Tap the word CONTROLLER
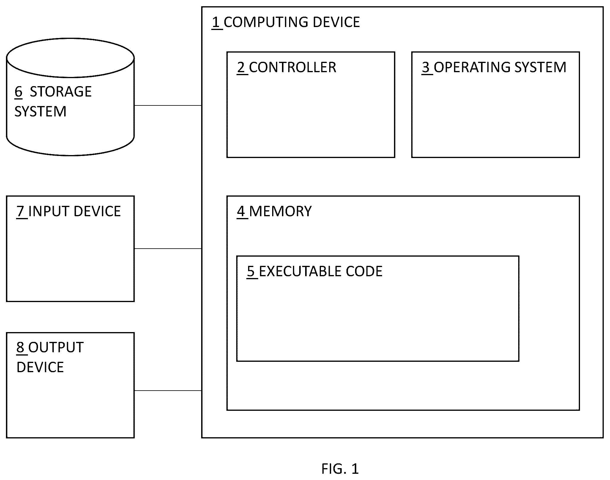click(293, 67)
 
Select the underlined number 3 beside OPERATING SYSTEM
click(426, 67)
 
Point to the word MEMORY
click(280, 211)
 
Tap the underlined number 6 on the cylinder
click(18, 92)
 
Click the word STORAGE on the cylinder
click(61, 92)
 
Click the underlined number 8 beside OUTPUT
click(21, 347)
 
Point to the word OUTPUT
click(56, 348)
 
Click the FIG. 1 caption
click(340, 469)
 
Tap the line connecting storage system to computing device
click(168, 105)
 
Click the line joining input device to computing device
click(168, 249)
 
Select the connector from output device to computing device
click(168, 391)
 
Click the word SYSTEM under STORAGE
click(40, 112)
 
